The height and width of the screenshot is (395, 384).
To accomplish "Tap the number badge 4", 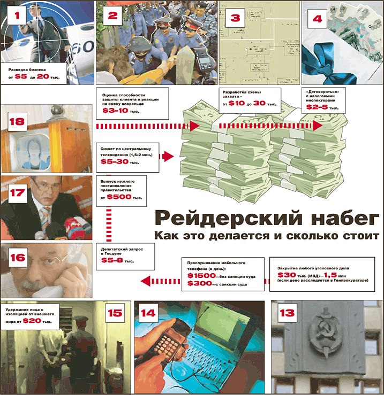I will (x=318, y=18).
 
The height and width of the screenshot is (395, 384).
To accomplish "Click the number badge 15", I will (x=115, y=313).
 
